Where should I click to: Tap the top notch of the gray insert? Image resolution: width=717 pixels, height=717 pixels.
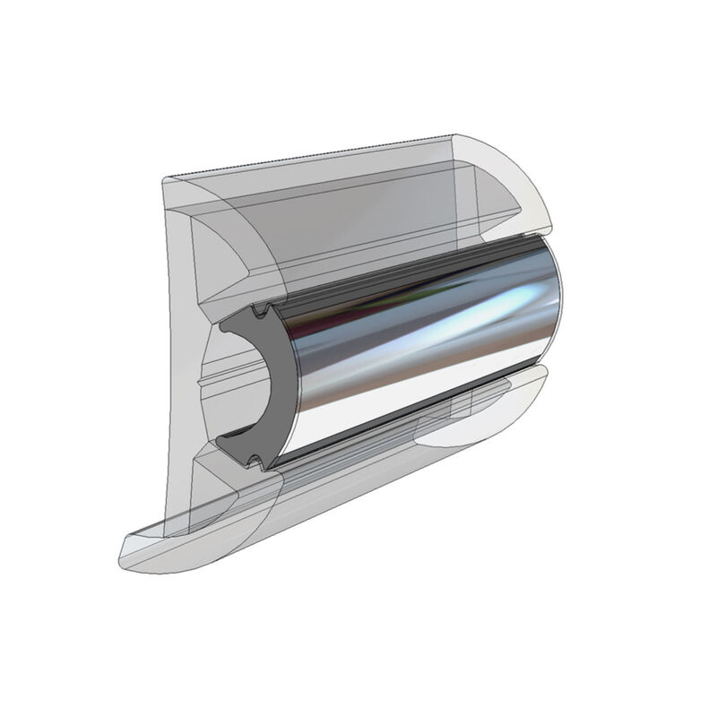tap(259, 313)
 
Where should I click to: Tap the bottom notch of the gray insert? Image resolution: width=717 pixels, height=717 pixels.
tap(255, 463)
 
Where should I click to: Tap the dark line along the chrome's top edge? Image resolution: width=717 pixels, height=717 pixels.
tap(403, 269)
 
